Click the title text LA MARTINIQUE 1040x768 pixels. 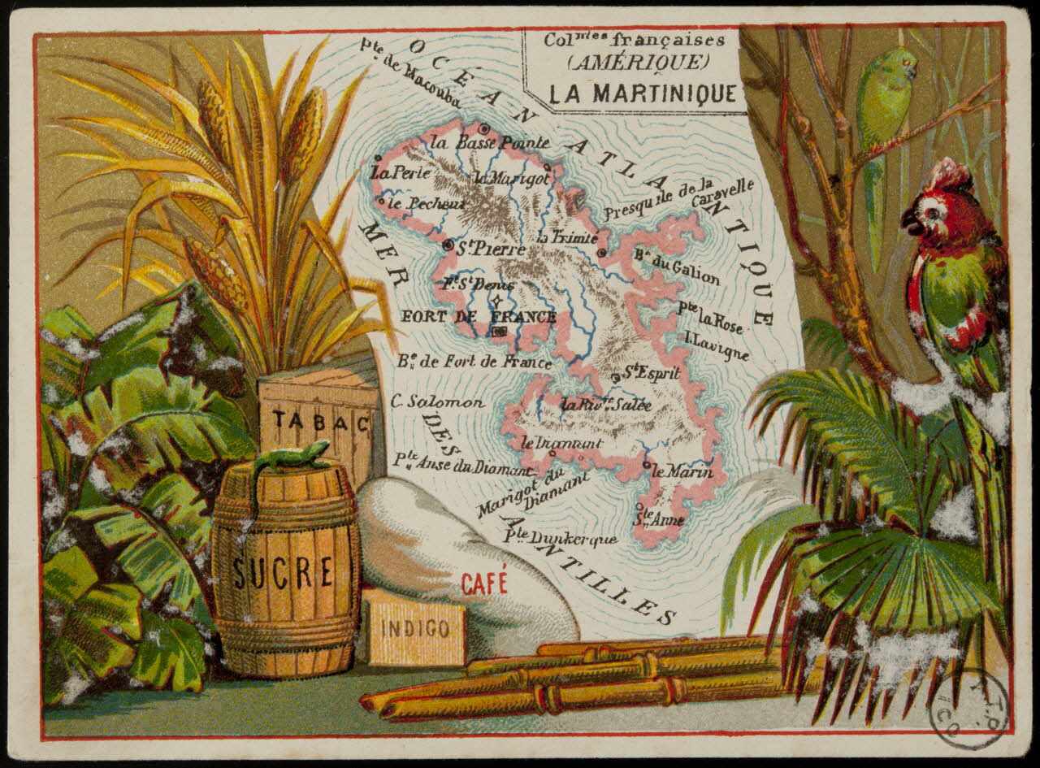pyautogui.click(x=642, y=93)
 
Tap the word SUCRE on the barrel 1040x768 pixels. pyautogui.click(x=282, y=572)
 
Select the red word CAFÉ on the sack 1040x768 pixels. pyautogui.click(x=484, y=582)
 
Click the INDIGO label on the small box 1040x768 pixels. pyautogui.click(x=414, y=628)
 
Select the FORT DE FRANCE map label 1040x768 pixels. pyautogui.click(x=479, y=317)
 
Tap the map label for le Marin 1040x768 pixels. pyautogui.click(x=681, y=471)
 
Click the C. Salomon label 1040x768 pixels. pyautogui.click(x=437, y=402)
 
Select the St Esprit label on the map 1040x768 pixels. pyautogui.click(x=652, y=373)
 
